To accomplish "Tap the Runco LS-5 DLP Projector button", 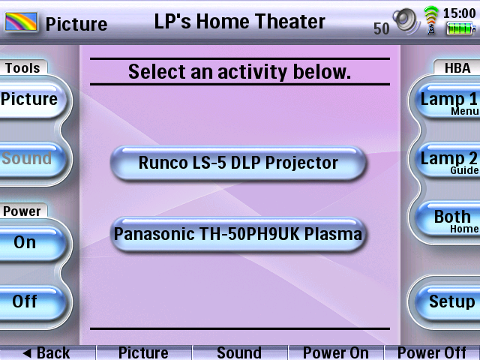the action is pos(238,163).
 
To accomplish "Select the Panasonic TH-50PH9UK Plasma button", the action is pos(238,234).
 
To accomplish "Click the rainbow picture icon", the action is pos(21,22).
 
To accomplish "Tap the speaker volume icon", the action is pos(406,21).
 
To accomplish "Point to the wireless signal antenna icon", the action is pos(431,20).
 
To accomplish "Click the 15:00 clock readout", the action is pos(460,13).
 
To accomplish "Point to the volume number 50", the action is pos(382,28).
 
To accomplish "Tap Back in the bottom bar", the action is pos(47,352).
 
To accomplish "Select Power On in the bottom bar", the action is pos(336,352).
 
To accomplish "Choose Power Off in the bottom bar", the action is pos(432,352).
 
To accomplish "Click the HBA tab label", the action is pos(457,67).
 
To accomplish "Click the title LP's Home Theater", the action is pos(240,22).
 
